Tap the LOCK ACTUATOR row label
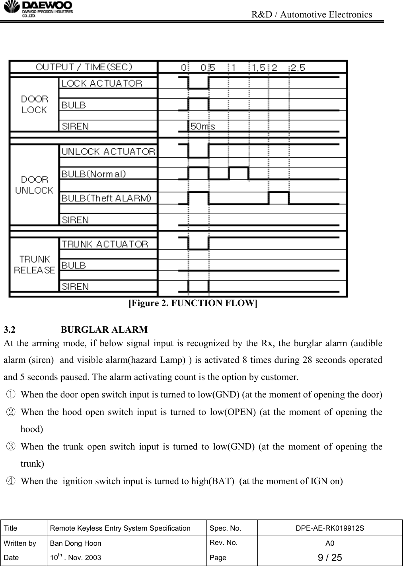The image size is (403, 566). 102,83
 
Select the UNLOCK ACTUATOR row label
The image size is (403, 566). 108,151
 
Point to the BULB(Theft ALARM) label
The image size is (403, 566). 106,198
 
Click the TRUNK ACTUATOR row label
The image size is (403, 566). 105,244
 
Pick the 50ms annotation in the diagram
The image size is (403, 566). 203,126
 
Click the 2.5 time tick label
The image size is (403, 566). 298,68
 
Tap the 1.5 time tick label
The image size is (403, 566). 259,68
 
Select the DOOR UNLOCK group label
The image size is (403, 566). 34,185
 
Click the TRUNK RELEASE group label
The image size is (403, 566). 34,265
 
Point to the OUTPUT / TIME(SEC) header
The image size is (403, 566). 84,67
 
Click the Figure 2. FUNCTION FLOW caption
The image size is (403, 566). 193,303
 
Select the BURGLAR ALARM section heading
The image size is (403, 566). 105,330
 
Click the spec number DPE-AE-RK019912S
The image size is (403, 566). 330,528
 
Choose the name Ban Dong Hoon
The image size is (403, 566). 75,543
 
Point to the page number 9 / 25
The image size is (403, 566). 330,557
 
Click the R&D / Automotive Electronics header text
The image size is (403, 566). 312,15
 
